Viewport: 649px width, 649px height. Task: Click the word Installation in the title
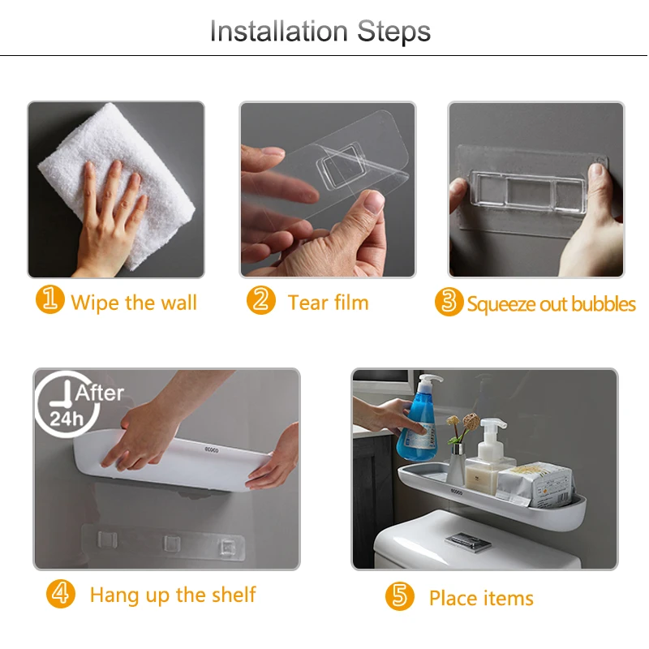279,32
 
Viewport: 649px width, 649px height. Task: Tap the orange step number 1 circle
50,299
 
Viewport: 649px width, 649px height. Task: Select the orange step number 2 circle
260,300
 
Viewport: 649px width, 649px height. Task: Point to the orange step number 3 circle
449,302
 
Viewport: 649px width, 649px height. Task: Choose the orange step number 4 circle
61,594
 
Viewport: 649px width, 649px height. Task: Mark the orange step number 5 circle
399,596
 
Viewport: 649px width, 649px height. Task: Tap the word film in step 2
351,302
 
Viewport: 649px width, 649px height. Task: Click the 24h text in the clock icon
67,419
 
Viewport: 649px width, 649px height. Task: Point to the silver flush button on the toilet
468,540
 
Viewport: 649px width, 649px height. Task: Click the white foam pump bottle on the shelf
490,454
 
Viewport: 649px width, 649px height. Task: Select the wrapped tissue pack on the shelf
535,484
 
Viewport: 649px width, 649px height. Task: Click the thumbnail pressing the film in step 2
374,202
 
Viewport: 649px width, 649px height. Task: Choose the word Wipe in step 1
95,302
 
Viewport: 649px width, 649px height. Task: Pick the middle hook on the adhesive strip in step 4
171,543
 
